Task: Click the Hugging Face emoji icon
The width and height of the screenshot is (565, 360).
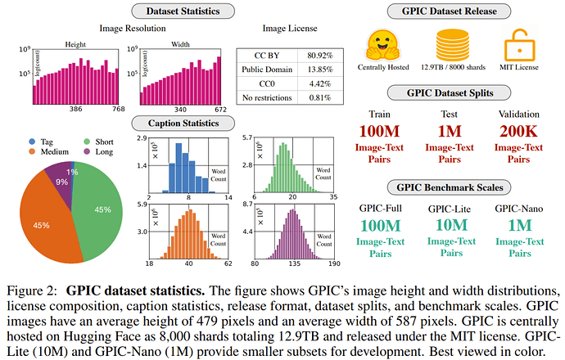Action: [x=382, y=45]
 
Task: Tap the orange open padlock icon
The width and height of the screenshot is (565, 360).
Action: [x=519, y=45]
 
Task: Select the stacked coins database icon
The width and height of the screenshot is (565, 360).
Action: [x=453, y=45]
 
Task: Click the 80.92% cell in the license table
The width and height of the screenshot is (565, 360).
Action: [x=320, y=56]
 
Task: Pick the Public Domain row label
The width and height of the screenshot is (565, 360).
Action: [x=267, y=70]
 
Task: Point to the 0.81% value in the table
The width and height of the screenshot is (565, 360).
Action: [x=320, y=97]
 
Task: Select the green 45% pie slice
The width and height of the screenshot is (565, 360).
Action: [x=98, y=210]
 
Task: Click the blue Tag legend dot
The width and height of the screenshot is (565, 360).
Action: [x=32, y=142]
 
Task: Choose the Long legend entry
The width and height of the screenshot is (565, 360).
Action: [x=98, y=152]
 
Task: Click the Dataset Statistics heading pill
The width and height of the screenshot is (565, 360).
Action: [x=183, y=11]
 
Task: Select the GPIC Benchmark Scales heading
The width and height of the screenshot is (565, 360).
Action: [x=450, y=187]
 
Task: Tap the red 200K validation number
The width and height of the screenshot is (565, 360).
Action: [x=518, y=131]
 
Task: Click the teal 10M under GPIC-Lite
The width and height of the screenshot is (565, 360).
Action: [x=451, y=225]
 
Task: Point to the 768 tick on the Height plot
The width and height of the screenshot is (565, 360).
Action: [x=119, y=109]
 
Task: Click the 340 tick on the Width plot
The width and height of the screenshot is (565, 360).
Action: [x=180, y=110]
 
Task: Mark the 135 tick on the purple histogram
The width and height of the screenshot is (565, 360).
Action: [x=294, y=263]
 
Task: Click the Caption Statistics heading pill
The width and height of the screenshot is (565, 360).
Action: [x=183, y=124]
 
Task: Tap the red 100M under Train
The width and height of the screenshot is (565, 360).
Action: [x=379, y=131]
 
